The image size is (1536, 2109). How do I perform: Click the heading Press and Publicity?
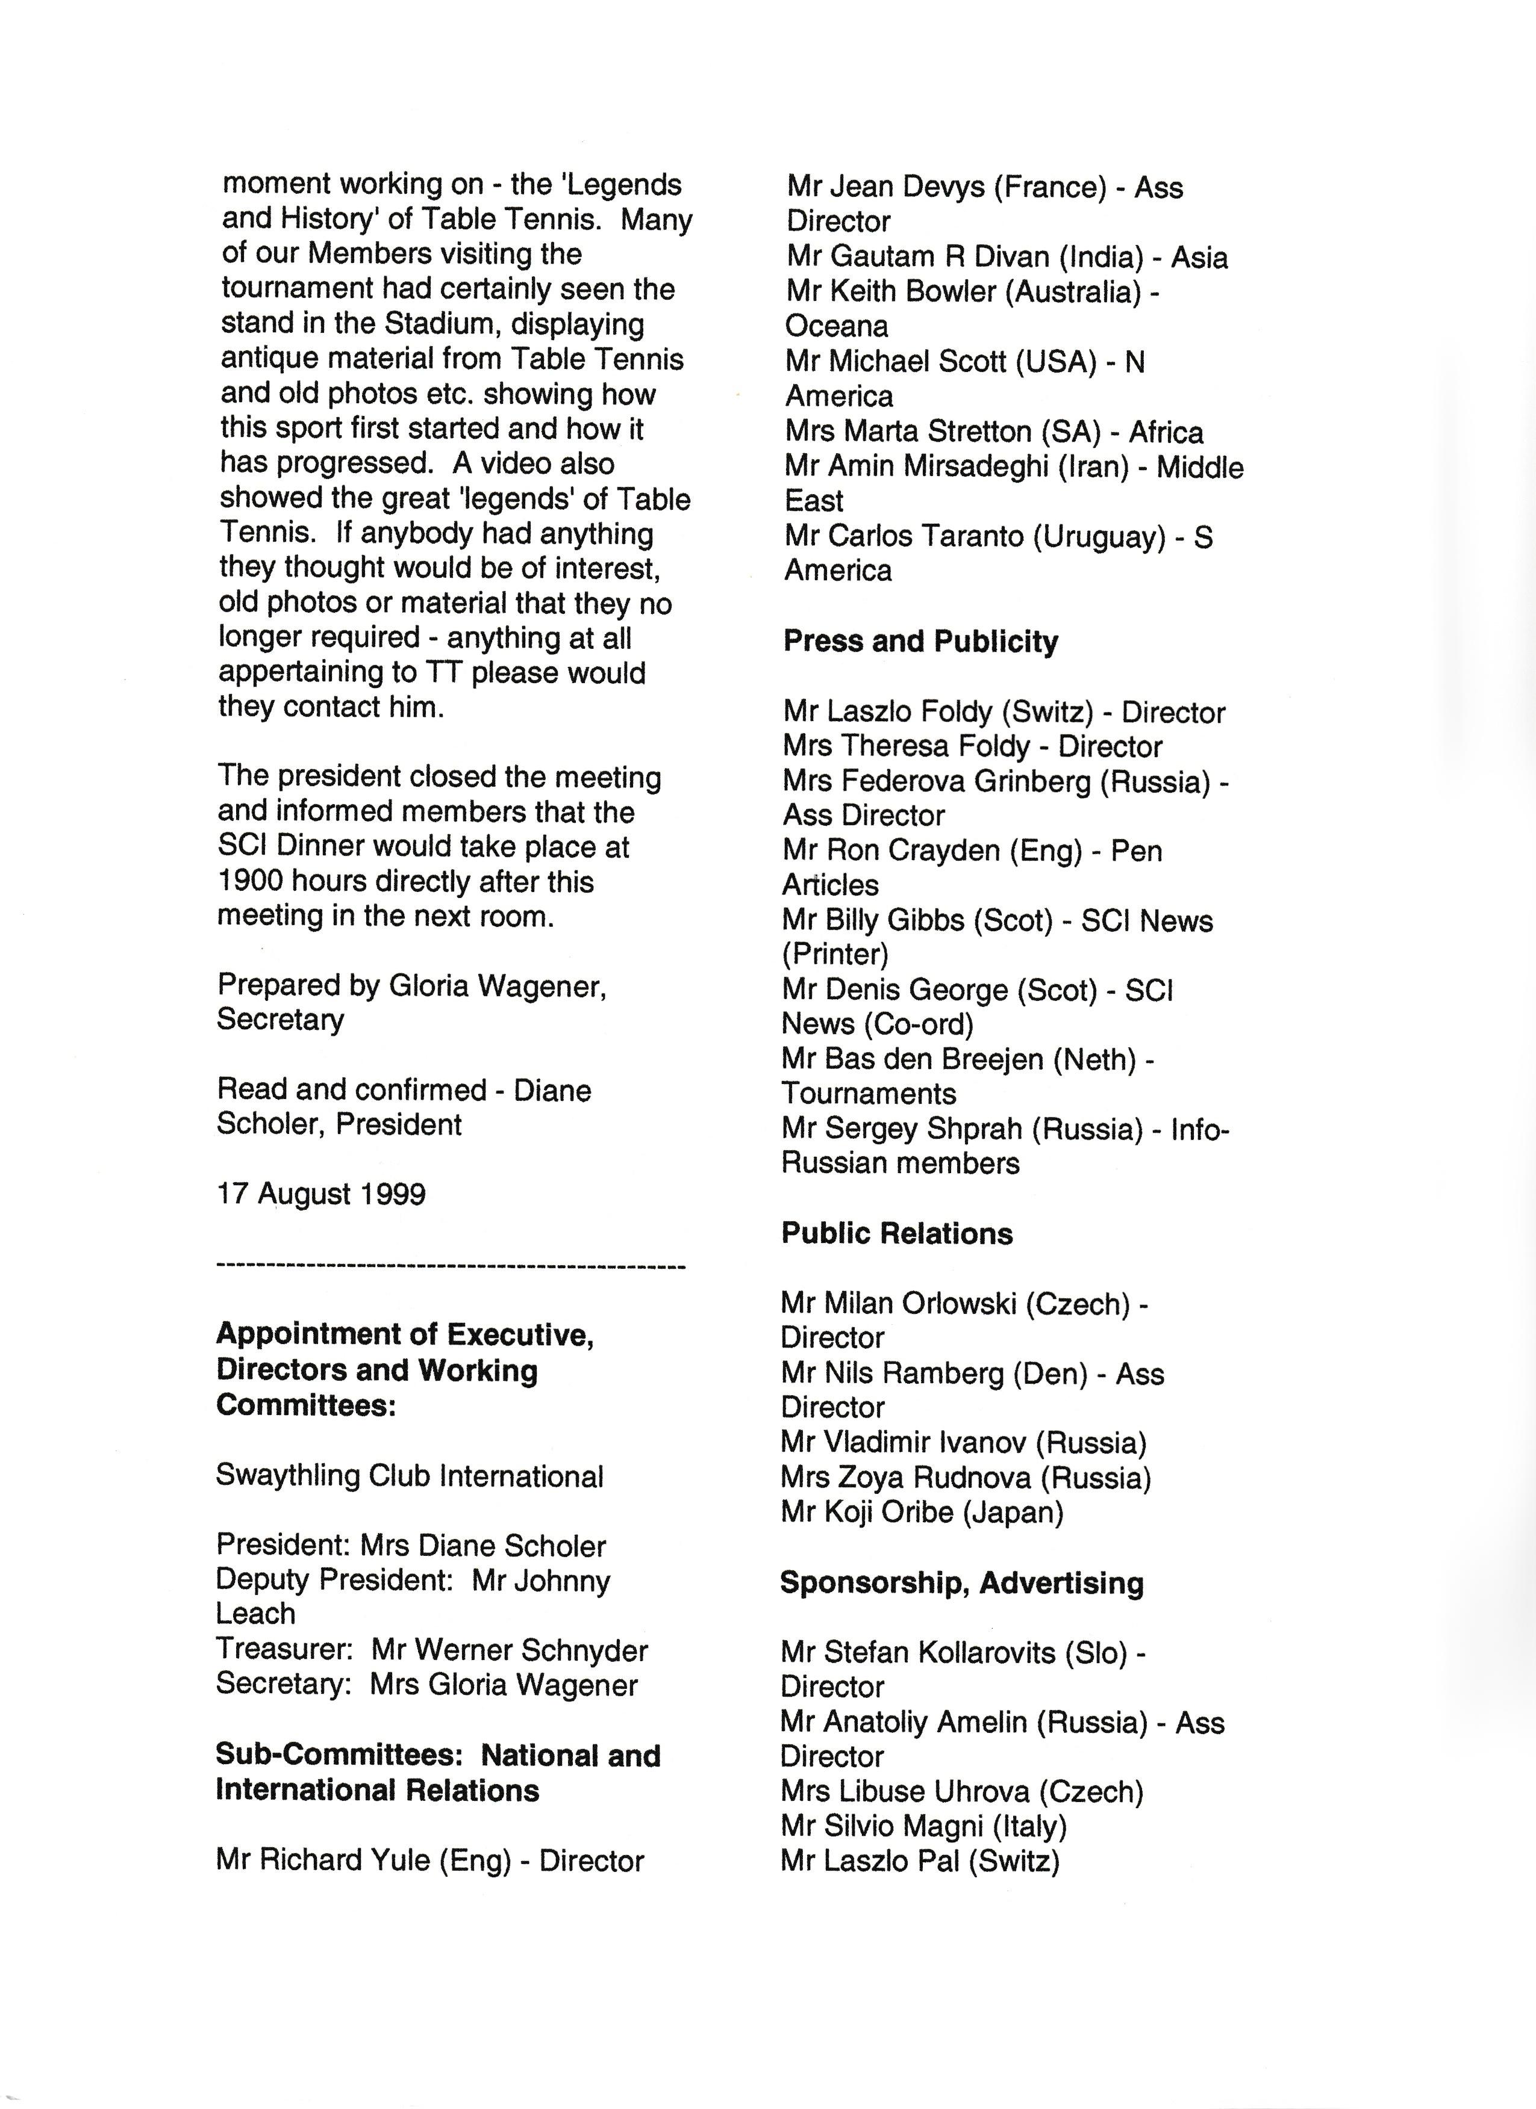tap(920, 642)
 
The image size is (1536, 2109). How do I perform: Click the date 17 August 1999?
tap(321, 1194)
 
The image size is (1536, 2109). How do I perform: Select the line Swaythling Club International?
tap(410, 1476)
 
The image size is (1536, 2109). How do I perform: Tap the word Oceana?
tap(837, 326)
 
